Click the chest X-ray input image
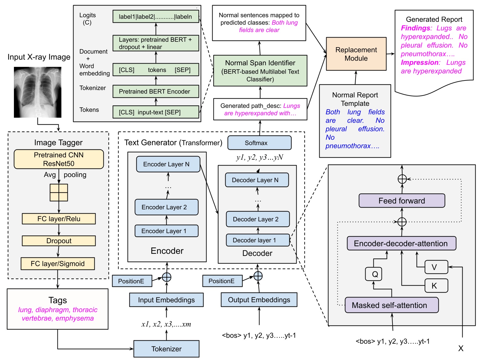(x=37, y=92)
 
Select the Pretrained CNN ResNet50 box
(x=59, y=159)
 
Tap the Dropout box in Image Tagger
(x=59, y=241)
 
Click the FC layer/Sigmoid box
(x=57, y=263)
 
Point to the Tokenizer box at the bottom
(x=166, y=349)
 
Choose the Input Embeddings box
(x=166, y=300)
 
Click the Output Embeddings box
(x=259, y=300)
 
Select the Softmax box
(x=259, y=143)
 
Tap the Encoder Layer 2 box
(x=166, y=207)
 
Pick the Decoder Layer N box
(x=257, y=180)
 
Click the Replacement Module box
(x=356, y=54)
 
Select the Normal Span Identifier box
(x=260, y=71)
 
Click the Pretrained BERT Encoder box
(x=156, y=91)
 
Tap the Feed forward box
(x=402, y=201)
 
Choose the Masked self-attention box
(x=392, y=305)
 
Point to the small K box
(x=436, y=286)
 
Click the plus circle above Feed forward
(x=402, y=179)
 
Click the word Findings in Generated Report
(x=415, y=28)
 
